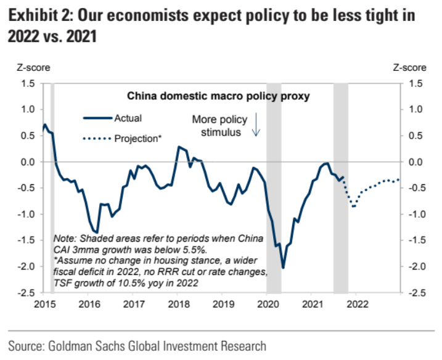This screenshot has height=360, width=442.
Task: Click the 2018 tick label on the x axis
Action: coord(178,304)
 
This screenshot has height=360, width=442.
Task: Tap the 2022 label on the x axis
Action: coord(358,304)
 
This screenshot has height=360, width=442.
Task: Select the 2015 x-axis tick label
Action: coord(44,304)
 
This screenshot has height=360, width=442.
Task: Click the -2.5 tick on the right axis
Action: coord(417,292)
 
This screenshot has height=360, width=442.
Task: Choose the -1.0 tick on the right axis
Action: coord(417,214)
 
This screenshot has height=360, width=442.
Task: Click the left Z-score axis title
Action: coord(33,67)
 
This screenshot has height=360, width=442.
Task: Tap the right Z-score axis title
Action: coord(410,67)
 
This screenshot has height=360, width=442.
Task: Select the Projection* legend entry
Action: coord(137,139)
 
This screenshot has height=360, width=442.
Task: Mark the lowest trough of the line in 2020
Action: coord(283,268)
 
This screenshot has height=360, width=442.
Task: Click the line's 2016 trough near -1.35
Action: coord(97,232)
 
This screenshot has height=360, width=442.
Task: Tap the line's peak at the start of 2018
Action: coord(178,147)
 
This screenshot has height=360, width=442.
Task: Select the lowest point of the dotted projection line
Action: coord(353,206)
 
